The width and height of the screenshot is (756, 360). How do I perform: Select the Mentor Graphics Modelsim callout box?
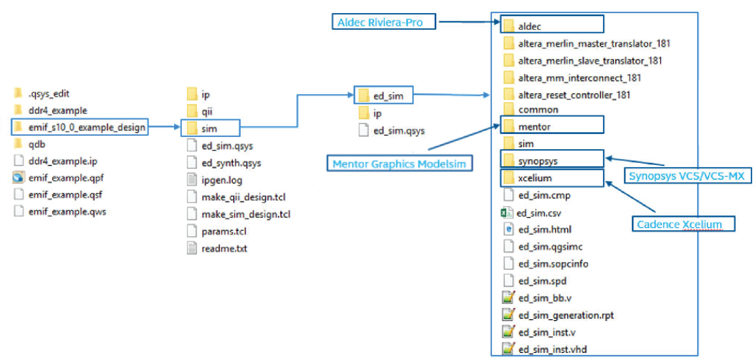399,163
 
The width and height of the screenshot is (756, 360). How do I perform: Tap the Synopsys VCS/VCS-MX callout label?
687,176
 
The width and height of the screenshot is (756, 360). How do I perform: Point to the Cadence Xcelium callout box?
683,224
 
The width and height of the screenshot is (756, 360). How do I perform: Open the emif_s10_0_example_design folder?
80,127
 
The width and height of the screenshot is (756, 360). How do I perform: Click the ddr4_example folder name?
58,110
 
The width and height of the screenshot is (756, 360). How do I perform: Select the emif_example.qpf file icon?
18,178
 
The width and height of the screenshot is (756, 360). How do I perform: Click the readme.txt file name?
224,248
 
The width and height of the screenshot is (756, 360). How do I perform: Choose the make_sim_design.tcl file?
239,214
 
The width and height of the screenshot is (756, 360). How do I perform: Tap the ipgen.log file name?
222,180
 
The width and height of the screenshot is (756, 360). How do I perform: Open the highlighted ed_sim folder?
383,95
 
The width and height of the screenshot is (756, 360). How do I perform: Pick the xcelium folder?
552,178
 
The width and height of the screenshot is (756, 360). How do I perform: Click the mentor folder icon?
508,126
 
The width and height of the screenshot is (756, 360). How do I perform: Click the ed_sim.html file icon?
508,229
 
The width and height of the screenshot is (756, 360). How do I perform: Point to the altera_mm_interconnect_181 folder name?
580,78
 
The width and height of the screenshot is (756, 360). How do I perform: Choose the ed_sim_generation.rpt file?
558,315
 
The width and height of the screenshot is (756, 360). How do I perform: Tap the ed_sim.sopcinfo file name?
553,264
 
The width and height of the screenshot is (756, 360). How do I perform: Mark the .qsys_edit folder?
42,93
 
